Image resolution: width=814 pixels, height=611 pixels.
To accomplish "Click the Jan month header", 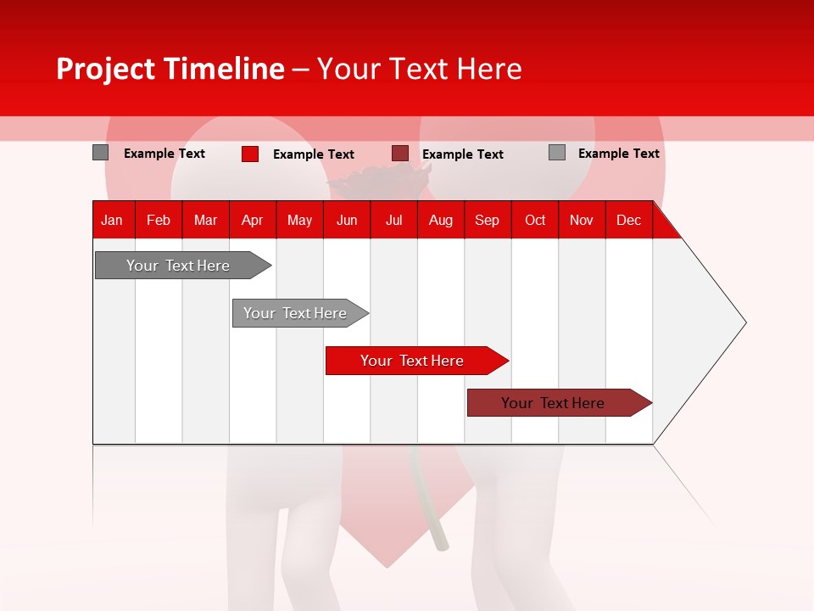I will (112, 221).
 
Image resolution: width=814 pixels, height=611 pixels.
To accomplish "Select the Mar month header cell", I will (205, 221).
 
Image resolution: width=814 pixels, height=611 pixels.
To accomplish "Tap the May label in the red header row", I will (299, 221).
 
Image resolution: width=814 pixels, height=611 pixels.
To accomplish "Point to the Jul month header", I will (393, 221).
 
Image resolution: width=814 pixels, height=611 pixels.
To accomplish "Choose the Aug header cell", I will (440, 221).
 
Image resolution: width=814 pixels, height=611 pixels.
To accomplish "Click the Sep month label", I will (487, 221).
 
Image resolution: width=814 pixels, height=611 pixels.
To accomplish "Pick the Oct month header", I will (534, 221).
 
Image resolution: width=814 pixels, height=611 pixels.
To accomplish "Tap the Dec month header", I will (628, 221).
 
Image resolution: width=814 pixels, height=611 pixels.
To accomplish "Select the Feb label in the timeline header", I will (159, 221).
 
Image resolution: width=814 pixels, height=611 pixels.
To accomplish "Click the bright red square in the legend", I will (249, 154).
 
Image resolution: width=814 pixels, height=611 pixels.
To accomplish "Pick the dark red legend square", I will (399, 154).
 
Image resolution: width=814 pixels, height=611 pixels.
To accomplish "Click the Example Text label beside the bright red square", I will (313, 154).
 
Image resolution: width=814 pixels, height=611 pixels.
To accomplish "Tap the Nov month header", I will (581, 221).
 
